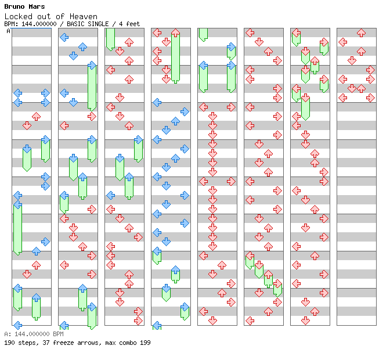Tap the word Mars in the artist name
pyautogui.click(x=37, y=6)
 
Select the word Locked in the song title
pyautogui.click(x=19, y=16)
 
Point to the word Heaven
pyautogui.click(x=84, y=16)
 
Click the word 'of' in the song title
pyautogui.click(x=60, y=16)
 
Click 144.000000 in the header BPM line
pyautogui.click(x=39, y=24)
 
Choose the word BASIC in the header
pyautogui.click(x=75, y=24)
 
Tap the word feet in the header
pyautogui.click(x=133, y=24)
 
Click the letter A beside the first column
pyautogui.click(x=8, y=31)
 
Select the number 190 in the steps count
pyautogui.click(x=9, y=343)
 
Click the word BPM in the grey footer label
pyautogui.click(x=58, y=334)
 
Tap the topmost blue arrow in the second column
pyautogui.click(x=64, y=37)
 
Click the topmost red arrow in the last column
pyautogui.click(x=361, y=33)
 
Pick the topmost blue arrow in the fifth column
pyautogui.click(x=232, y=46)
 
